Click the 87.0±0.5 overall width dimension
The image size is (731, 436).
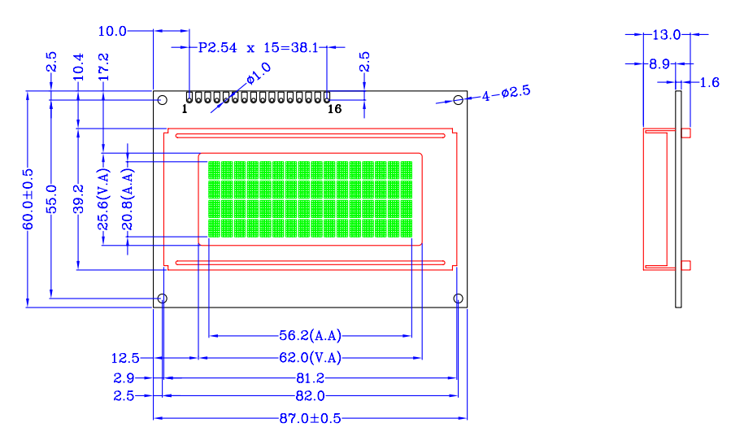tap(310, 418)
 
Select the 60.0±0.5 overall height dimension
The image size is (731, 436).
tap(28, 199)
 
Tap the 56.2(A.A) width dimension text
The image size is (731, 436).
tap(310, 335)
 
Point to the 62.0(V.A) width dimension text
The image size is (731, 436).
tap(310, 358)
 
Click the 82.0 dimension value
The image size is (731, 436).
tap(310, 396)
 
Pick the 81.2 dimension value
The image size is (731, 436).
tap(310, 377)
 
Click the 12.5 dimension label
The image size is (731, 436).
tap(125, 358)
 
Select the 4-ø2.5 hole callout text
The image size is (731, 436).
tap(506, 94)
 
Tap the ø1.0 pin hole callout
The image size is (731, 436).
tap(259, 74)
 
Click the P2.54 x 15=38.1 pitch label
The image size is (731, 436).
tap(259, 47)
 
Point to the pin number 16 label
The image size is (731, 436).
tap(335, 109)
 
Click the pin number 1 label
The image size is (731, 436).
tap(185, 109)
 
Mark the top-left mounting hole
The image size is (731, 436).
tap(163, 100)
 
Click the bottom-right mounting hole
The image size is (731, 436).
tap(459, 299)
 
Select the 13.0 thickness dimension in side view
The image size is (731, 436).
tap(666, 34)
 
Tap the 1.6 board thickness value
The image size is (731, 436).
tap(710, 82)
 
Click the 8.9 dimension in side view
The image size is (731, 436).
tap(659, 64)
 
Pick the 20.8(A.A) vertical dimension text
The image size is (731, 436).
tap(128, 199)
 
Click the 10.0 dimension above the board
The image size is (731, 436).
tap(112, 31)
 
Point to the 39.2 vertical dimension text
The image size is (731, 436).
tap(78, 199)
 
